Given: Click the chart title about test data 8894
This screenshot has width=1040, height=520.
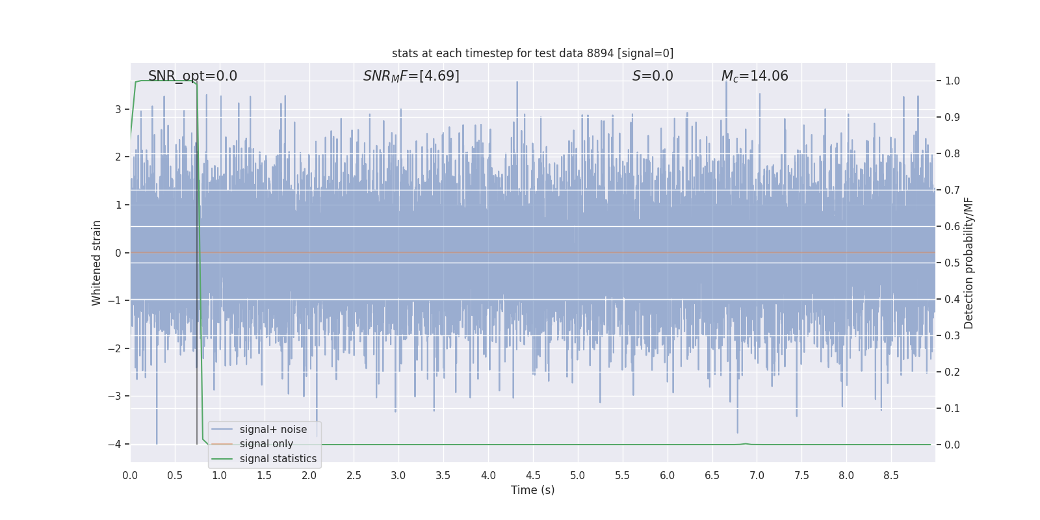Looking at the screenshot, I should click(532, 53).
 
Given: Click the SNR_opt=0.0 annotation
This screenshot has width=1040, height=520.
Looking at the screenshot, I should click(192, 76).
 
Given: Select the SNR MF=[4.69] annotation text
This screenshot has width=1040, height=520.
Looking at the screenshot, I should click(411, 76).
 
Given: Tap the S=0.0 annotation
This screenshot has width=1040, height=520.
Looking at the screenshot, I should click(653, 76).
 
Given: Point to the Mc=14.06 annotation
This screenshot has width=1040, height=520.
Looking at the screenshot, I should click(755, 76).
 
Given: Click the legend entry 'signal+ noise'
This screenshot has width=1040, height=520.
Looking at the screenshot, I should click(273, 430).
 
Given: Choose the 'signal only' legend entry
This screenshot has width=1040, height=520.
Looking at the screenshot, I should click(266, 444).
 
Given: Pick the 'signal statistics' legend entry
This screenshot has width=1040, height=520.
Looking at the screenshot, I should click(278, 459).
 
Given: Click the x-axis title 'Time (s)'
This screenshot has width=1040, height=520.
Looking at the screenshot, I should click(532, 490).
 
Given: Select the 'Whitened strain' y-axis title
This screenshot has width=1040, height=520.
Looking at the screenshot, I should click(97, 263).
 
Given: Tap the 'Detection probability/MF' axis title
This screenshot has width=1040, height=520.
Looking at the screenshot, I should click(968, 263).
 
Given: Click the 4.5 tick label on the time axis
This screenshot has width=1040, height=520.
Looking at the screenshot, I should click(533, 476).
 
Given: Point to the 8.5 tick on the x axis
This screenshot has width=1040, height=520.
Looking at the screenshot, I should click(891, 476).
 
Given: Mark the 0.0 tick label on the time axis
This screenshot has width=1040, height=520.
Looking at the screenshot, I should click(130, 476).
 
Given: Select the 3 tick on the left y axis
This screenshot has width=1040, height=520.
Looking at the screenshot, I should click(118, 109).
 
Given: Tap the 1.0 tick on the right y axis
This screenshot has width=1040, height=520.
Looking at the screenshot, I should click(952, 81).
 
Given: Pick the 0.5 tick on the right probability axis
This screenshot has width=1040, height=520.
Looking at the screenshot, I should click(952, 263).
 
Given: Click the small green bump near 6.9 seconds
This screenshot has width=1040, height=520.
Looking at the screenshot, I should click(746, 444).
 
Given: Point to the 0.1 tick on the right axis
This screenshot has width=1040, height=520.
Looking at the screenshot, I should click(952, 409).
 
